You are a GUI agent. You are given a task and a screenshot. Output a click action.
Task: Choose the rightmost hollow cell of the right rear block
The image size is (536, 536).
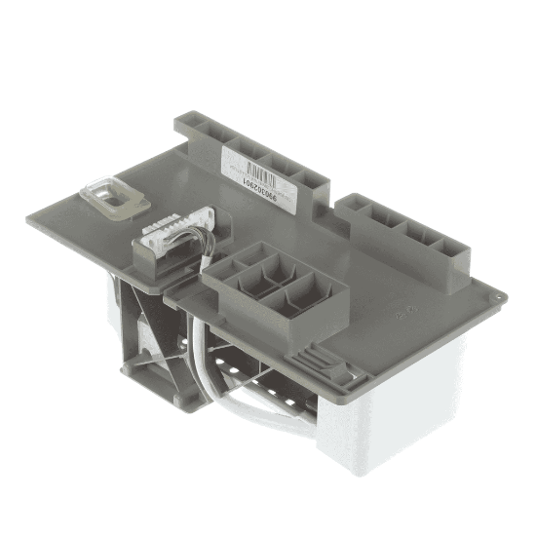(450, 247)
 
